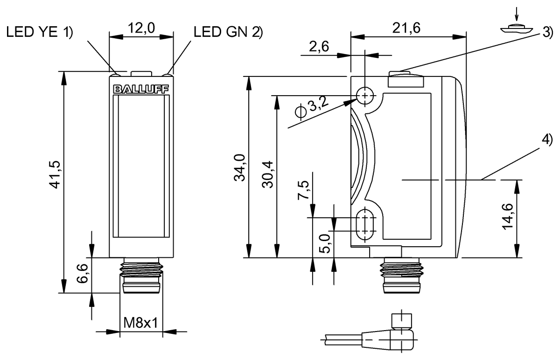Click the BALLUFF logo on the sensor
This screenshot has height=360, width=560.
pos(141,89)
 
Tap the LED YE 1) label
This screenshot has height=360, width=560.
pos(40,32)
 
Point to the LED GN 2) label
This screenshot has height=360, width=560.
pos(228,32)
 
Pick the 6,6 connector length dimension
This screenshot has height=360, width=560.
pos(83,275)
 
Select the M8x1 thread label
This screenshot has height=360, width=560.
pos(141,322)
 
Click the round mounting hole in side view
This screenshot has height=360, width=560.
pos(365,96)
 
